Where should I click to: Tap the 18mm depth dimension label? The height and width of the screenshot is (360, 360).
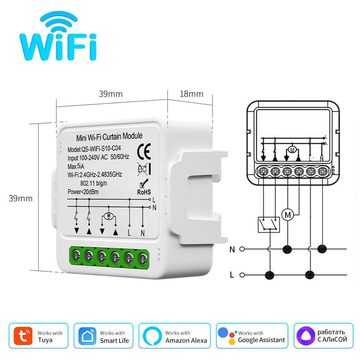coord(191,94)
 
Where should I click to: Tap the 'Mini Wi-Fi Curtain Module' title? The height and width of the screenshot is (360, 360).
coord(109,137)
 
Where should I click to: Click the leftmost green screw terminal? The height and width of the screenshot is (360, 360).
coord(76,254)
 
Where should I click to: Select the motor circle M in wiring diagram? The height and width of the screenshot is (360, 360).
coord(288,214)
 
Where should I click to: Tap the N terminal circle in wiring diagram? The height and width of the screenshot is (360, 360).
coord(242,249)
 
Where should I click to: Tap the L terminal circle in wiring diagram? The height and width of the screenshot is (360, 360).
coord(242,275)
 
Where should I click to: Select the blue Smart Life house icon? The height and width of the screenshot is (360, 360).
coord(88,336)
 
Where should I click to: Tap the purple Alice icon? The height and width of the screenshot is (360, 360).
coord(305,336)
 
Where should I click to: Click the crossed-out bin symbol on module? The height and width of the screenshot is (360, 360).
coord(142,168)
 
